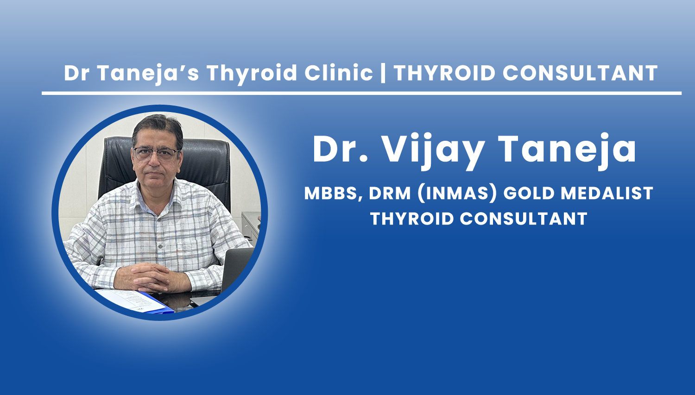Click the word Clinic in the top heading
pos(339,73)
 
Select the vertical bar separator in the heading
pos(383,74)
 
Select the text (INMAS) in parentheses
pos(457,194)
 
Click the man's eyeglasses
pos(156,154)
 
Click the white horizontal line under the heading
pos(362,93)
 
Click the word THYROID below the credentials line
pos(412,219)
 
